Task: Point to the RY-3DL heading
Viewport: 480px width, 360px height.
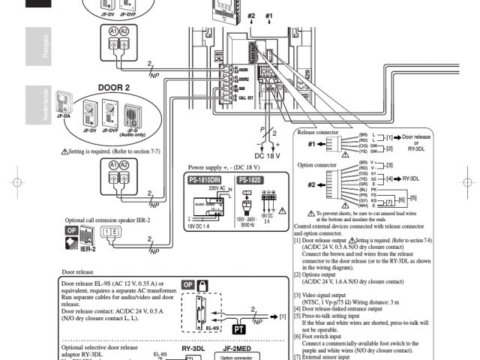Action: tap(193, 348)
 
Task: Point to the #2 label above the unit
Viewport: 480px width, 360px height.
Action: tap(250, 16)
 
